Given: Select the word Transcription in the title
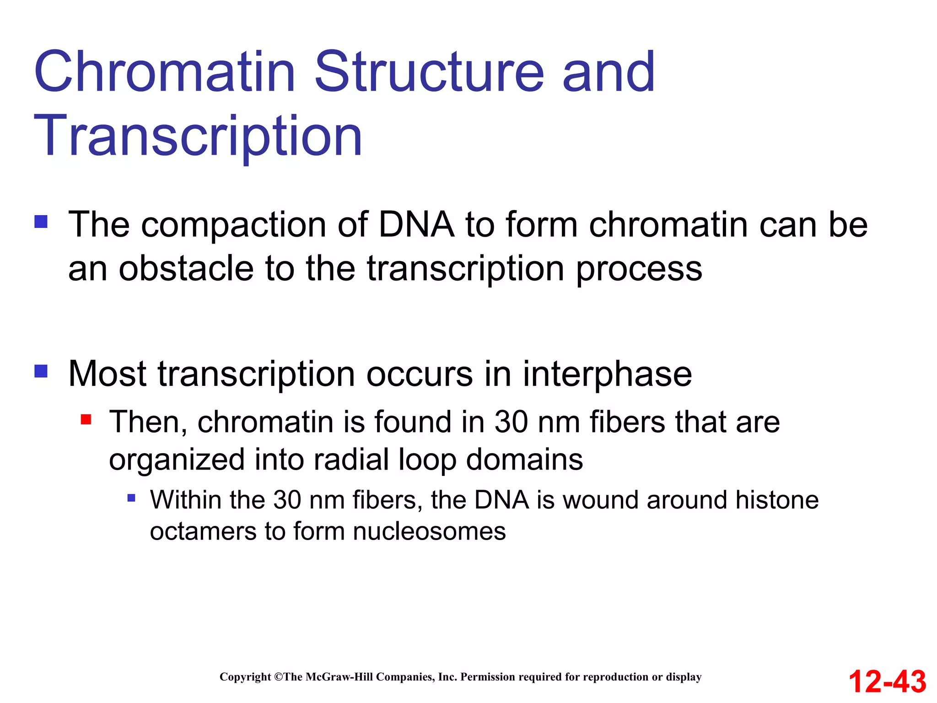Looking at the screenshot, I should coord(198,136).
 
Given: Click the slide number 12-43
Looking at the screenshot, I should coord(887,681).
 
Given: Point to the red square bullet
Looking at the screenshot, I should coord(86,419).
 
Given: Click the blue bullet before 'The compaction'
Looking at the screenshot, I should coord(41,222).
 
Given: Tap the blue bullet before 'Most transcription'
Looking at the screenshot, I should coord(41,371).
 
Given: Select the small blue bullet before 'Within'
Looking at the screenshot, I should coord(131,498).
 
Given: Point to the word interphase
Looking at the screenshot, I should coord(607,374).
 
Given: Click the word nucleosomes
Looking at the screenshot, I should coord(429,531).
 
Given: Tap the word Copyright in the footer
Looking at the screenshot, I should coord(245,677).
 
